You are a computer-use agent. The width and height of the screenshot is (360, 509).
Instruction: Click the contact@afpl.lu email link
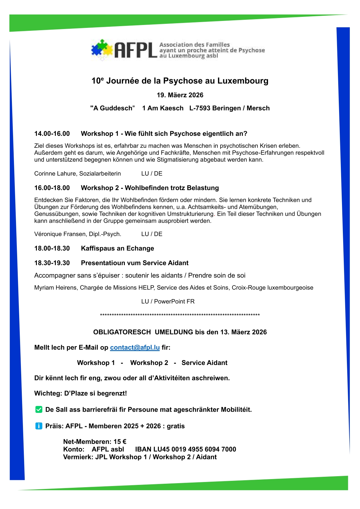point(135,348)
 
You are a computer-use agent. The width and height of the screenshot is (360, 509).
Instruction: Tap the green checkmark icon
point(39,409)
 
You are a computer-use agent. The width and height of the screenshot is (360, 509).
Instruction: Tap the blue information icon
point(39,426)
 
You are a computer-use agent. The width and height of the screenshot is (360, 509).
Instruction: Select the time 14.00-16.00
point(52,134)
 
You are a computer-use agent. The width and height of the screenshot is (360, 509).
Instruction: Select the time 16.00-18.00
point(52,188)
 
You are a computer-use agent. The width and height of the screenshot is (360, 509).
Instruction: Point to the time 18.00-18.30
point(52,248)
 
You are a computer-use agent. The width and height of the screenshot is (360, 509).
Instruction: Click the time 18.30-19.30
point(52,263)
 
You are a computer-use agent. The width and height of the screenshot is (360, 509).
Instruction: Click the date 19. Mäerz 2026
point(180,95)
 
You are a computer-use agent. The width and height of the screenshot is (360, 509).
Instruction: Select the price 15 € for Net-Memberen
point(120,442)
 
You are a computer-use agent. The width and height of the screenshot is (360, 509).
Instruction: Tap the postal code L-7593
point(200,108)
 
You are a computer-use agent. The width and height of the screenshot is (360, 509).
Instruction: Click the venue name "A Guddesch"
point(112,108)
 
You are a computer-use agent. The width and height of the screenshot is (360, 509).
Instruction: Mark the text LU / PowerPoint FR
point(168,301)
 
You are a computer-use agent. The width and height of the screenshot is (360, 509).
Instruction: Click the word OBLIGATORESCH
point(122,332)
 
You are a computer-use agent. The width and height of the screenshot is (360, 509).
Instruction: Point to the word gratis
point(176,426)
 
